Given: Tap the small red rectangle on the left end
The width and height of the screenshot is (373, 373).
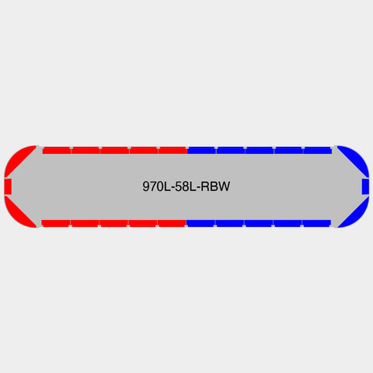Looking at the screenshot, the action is click(x=8, y=186).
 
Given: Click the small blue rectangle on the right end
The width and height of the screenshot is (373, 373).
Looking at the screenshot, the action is click(x=365, y=186).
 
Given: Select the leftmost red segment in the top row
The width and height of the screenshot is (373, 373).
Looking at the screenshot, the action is click(x=57, y=150).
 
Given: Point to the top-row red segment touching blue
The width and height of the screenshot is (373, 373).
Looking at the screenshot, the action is click(x=173, y=150).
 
